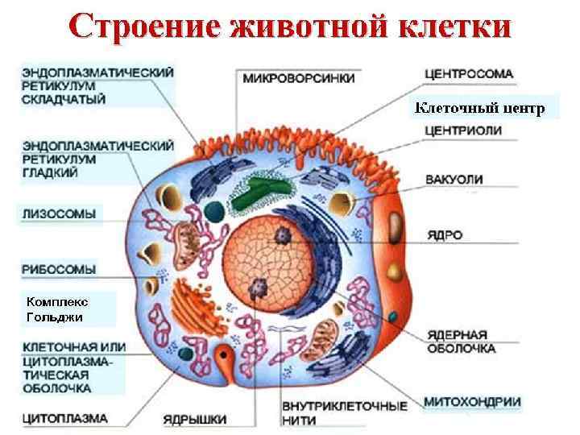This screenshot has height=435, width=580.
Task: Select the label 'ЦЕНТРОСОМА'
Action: (x=468, y=74)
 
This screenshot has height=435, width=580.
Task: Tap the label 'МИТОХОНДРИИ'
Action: (x=472, y=401)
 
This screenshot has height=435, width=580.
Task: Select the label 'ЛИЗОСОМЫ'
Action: (x=59, y=213)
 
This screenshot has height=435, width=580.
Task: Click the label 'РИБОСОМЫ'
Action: (x=59, y=268)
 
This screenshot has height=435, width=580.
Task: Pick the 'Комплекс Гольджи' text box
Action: (x=57, y=309)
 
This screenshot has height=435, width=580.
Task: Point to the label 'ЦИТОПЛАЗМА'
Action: (x=64, y=419)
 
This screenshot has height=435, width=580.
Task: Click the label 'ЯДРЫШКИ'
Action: (x=194, y=419)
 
